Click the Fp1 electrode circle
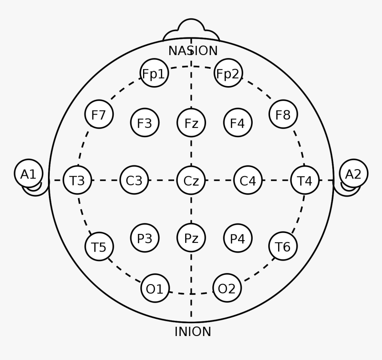pos(155,73)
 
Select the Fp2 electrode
pos(228,73)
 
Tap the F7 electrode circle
pos(99,114)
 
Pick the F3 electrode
pos(145,123)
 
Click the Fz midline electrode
pos(191,123)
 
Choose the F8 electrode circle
pos(283,114)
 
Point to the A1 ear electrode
pos(28,173)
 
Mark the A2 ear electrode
pos(354,173)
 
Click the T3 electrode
pos(77,180)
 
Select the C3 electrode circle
pos(134,180)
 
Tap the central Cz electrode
pos(191,180)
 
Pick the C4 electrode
pos(248,180)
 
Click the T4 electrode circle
pos(305,180)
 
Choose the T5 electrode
pos(99,246)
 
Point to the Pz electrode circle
pos(191,237)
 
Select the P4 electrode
pos(238,238)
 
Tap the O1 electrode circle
pos(155,288)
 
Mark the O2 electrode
pos(227,288)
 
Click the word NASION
pos(193,51)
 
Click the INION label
pos(193,332)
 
